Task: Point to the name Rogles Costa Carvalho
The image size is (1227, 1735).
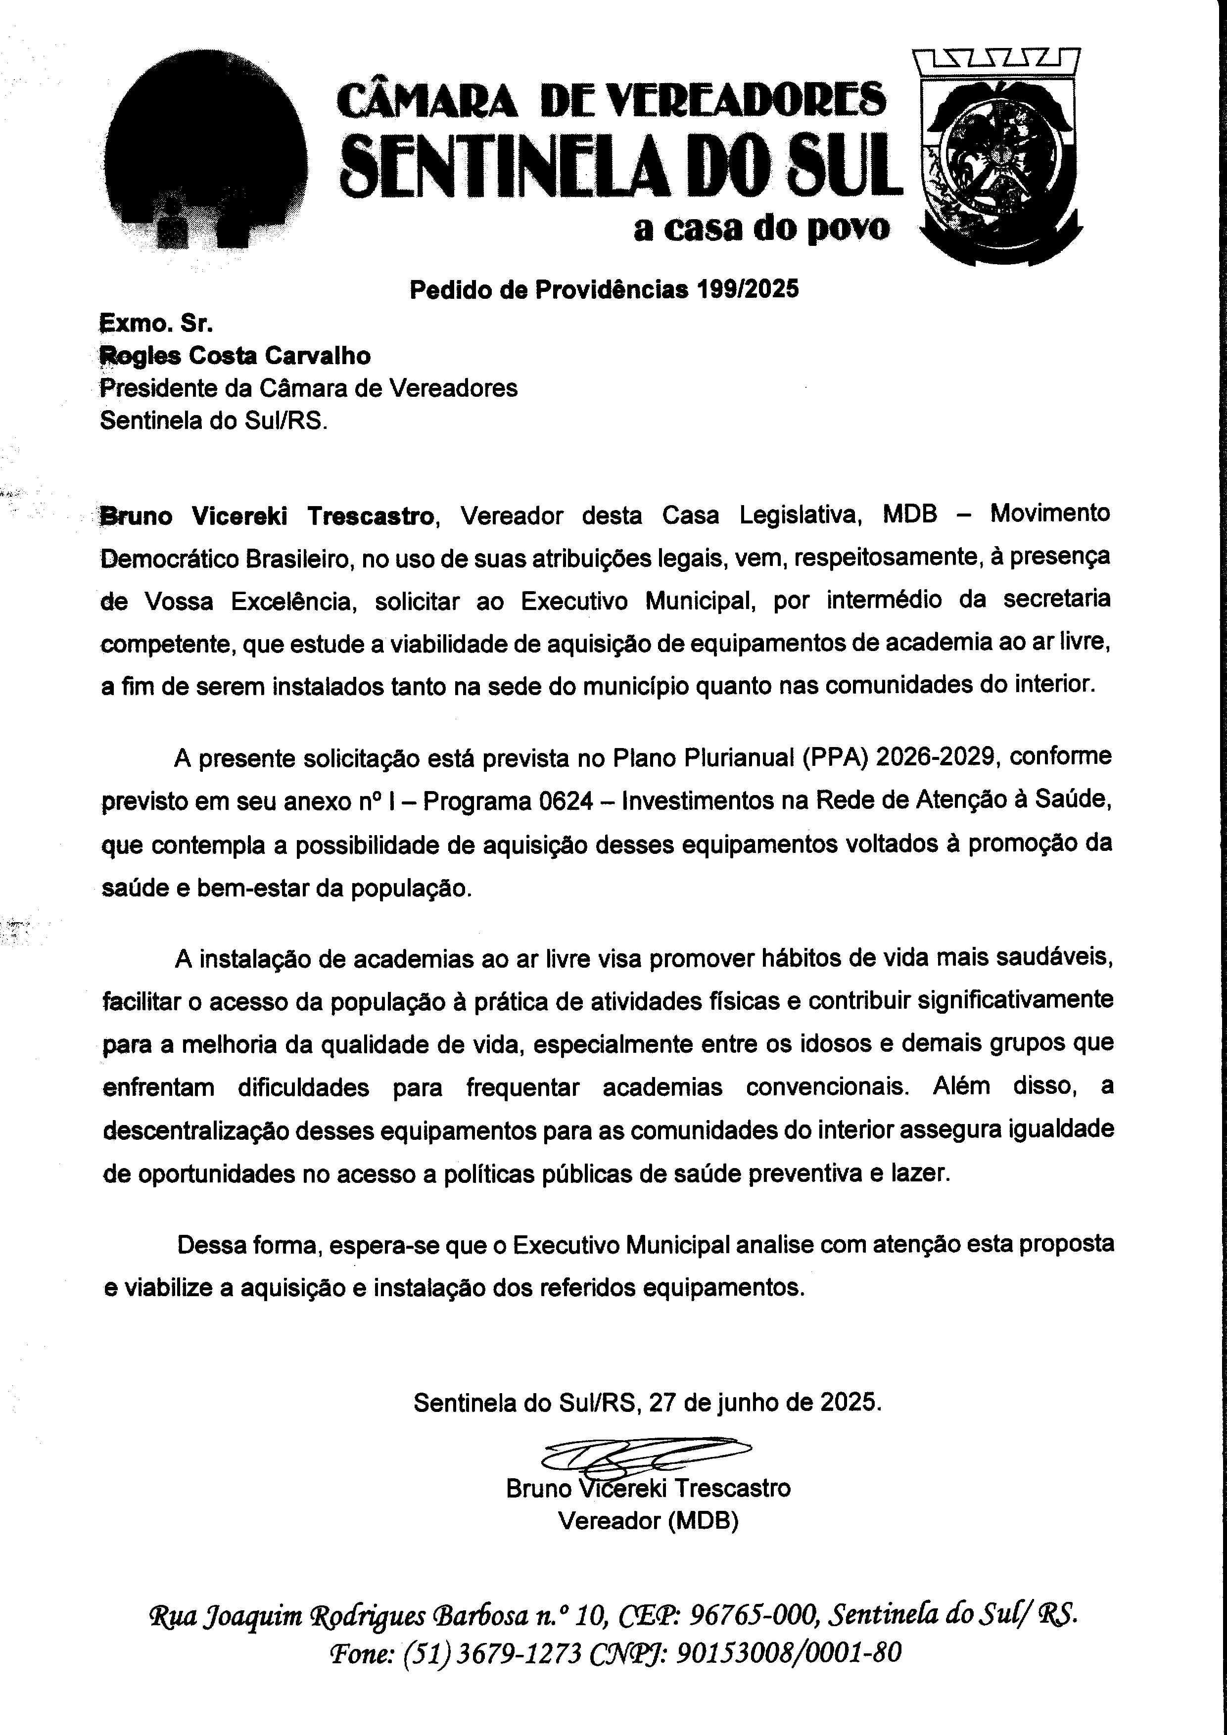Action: [235, 355]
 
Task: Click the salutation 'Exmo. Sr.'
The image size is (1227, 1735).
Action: [156, 324]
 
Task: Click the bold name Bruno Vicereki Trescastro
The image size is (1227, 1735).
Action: [268, 516]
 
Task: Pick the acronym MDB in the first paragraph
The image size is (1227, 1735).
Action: [910, 514]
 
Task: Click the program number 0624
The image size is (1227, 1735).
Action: [566, 800]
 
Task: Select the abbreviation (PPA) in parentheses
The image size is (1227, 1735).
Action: [830, 756]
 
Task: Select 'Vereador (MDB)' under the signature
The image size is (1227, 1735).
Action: [648, 1520]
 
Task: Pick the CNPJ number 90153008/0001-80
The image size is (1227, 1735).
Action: [787, 1653]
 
